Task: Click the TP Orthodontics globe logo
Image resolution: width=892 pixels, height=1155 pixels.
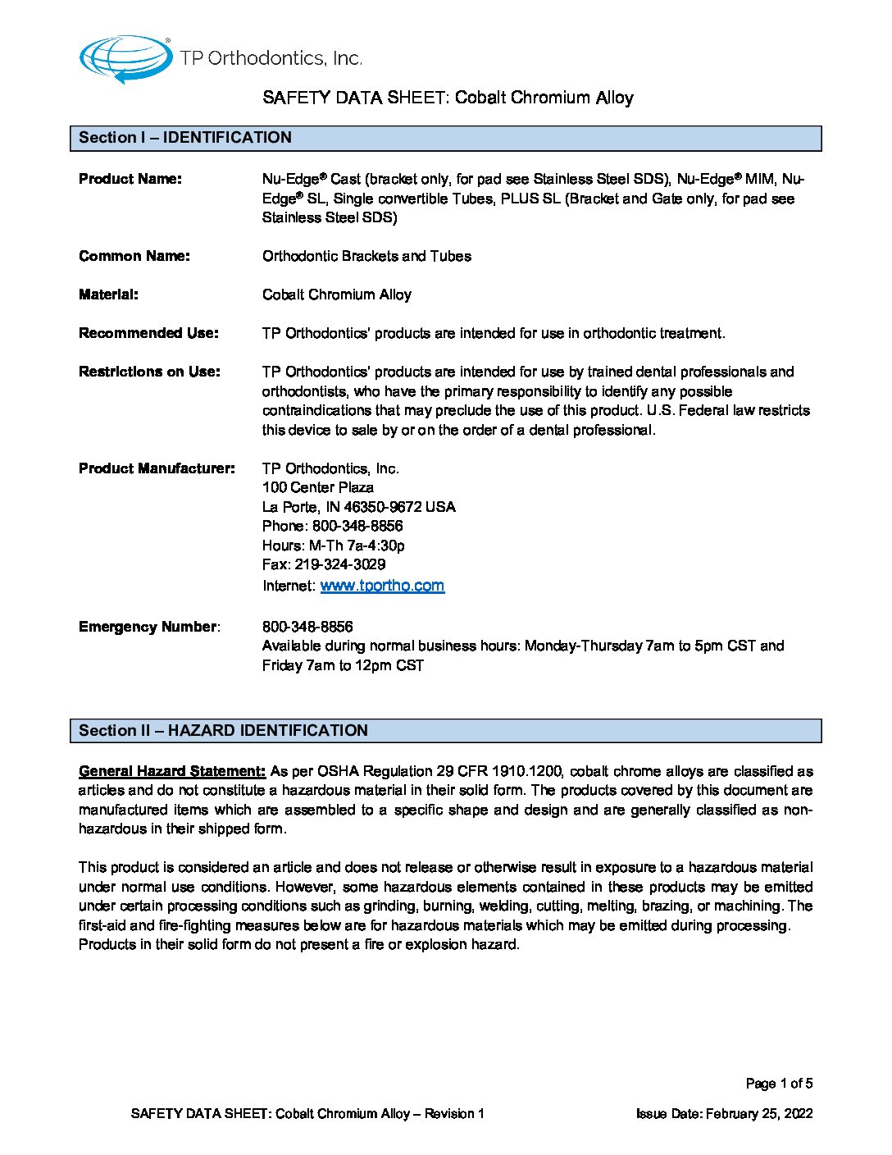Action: (x=125, y=58)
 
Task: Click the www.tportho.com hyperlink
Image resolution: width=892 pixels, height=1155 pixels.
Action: (x=382, y=586)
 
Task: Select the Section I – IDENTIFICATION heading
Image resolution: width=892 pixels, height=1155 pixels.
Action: (x=185, y=138)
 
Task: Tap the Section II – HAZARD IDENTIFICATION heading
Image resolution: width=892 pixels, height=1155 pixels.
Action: (x=223, y=731)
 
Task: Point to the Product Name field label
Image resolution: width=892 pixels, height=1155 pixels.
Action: (x=130, y=179)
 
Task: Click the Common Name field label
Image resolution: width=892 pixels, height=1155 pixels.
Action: (x=134, y=256)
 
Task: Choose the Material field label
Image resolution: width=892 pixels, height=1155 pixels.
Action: (x=108, y=294)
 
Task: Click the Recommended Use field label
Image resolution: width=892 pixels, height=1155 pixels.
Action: (x=148, y=333)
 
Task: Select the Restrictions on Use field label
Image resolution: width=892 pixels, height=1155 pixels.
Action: (x=149, y=372)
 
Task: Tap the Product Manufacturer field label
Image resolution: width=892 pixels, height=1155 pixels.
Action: (x=157, y=468)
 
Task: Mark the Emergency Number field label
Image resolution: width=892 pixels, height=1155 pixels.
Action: (x=148, y=627)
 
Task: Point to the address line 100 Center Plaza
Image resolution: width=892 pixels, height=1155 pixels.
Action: (x=318, y=487)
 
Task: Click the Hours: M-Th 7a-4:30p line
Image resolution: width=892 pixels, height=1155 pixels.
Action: (x=334, y=546)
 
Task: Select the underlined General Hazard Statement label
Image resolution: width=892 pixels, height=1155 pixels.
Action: (x=172, y=771)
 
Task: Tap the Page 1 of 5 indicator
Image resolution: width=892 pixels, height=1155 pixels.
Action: (x=779, y=1084)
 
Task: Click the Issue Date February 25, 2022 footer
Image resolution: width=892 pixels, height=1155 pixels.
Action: (x=725, y=1114)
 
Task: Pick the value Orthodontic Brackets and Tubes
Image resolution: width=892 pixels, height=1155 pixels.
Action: (x=366, y=256)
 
